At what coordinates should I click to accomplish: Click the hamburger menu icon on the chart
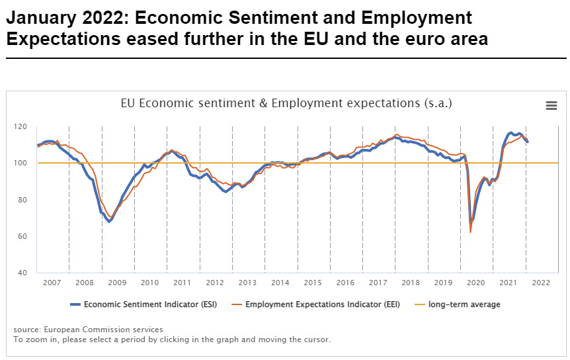pyautogui.click(x=551, y=105)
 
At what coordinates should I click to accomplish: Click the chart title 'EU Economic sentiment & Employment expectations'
pyautogui.click(x=286, y=103)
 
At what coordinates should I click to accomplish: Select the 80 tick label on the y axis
pyautogui.click(x=22, y=200)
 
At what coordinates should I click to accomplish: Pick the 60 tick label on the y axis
pyautogui.click(x=22, y=236)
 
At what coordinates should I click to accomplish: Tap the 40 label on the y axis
pyautogui.click(x=22, y=273)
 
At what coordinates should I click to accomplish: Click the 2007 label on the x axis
pyautogui.click(x=52, y=283)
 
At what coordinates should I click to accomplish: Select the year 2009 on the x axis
pyautogui.click(x=117, y=283)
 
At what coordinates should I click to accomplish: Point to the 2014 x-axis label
pyautogui.click(x=280, y=283)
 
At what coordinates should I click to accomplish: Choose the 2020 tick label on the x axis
pyautogui.click(x=476, y=283)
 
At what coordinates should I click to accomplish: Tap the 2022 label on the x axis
pyautogui.click(x=541, y=283)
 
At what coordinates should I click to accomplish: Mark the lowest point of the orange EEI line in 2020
pyautogui.click(x=470, y=232)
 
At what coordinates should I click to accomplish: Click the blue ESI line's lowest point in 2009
pyautogui.click(x=109, y=221)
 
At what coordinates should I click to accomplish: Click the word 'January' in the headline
pyautogui.click(x=39, y=18)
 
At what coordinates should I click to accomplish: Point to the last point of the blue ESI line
pyautogui.click(x=527, y=142)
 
